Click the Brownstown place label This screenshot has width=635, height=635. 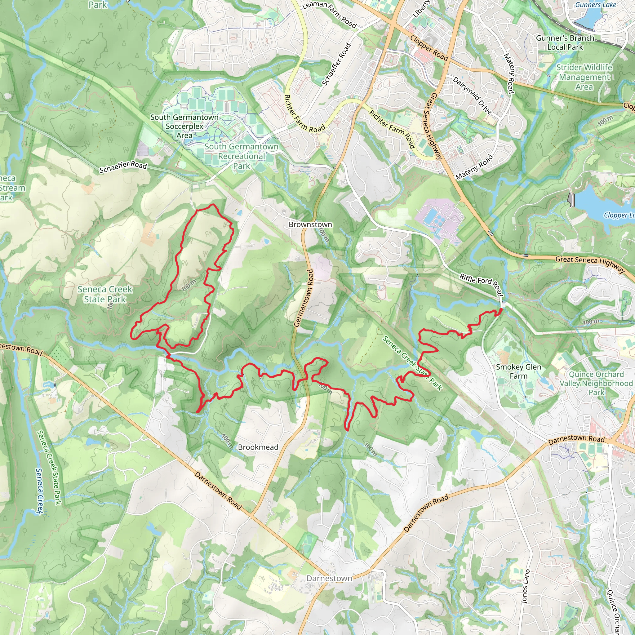coord(310,224)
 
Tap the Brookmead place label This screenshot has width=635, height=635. coord(258,447)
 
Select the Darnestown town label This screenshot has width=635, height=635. coord(329,578)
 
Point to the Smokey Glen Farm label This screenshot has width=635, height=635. coord(518,371)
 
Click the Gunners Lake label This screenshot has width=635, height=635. coord(596,5)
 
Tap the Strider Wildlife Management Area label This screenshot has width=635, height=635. coord(584,77)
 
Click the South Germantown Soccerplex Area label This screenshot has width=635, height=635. coord(184,126)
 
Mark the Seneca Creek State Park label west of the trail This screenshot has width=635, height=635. coord(105,294)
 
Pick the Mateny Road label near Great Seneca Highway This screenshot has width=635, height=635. coord(474,167)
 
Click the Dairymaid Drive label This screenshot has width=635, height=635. coord(472,95)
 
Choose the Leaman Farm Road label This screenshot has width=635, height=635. coord(329,14)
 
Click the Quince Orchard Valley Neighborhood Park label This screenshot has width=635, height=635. coord(596,383)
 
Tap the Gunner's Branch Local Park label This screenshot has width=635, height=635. coord(565,42)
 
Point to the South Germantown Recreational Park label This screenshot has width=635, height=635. coord(241,156)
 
